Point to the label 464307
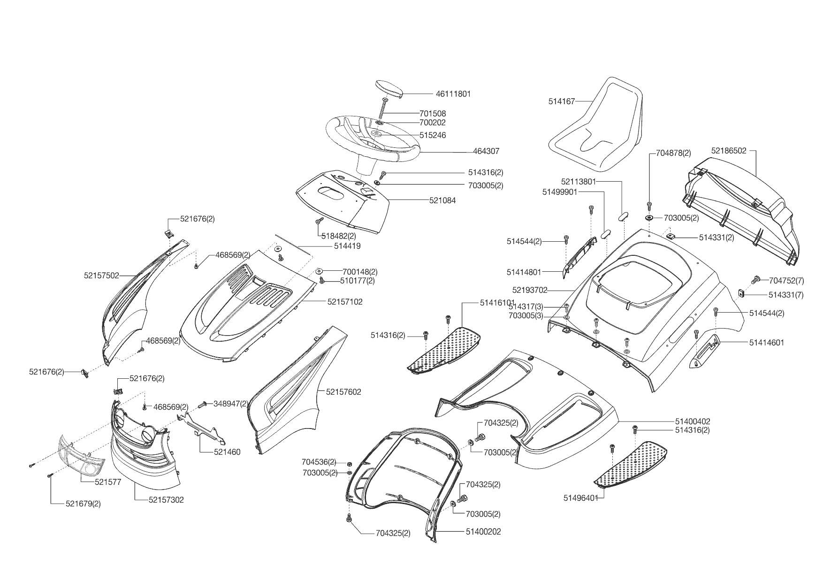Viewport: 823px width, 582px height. click(486, 152)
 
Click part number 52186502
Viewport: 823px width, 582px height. click(728, 151)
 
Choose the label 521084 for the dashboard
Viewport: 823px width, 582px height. click(442, 200)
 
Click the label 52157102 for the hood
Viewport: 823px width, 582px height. click(345, 302)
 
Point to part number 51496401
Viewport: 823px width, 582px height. click(581, 498)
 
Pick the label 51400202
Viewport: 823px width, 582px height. click(483, 532)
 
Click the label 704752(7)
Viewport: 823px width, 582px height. click(786, 281)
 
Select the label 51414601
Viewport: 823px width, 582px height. click(766, 343)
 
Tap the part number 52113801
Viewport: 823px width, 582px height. click(579, 181)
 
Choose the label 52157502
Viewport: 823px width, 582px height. click(102, 276)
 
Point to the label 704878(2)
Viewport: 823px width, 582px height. click(673, 153)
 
